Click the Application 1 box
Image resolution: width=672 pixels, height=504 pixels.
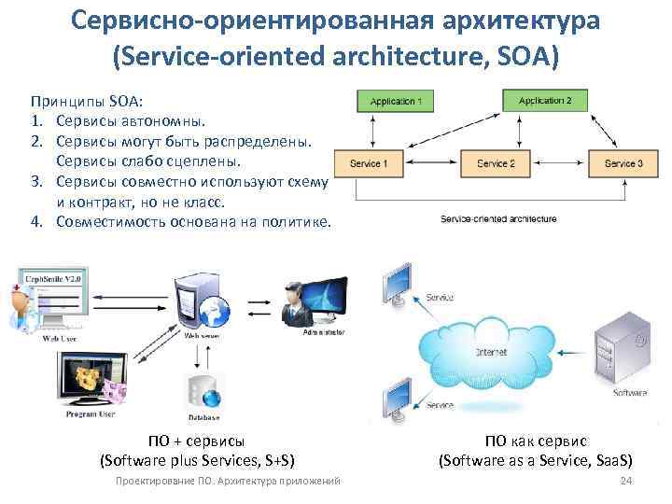[x=396, y=101]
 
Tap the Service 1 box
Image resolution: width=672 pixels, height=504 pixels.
[x=368, y=163]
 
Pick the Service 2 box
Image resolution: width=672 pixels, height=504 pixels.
[x=496, y=163]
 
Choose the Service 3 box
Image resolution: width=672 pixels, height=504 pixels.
[x=623, y=163]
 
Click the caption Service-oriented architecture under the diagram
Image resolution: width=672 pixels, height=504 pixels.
[x=498, y=218]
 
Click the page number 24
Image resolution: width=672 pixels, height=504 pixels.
[x=626, y=480]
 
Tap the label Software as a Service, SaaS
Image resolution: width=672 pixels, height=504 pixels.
[x=535, y=460]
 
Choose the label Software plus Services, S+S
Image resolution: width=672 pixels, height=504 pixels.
[x=197, y=460]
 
